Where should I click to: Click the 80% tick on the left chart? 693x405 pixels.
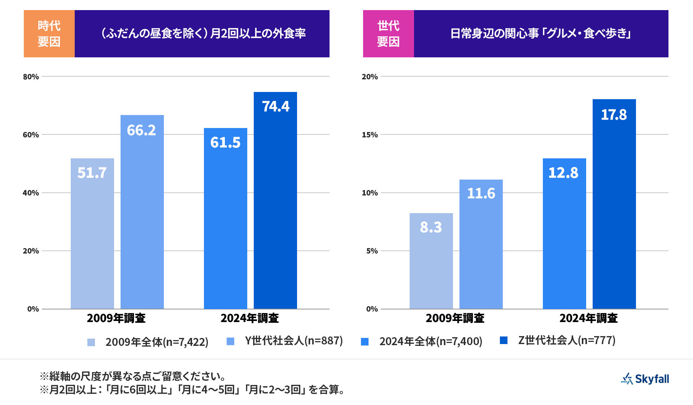[31, 77]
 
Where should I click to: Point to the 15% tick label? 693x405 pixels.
[370, 135]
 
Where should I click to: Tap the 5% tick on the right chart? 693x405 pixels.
[372, 251]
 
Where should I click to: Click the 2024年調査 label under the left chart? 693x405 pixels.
[250, 318]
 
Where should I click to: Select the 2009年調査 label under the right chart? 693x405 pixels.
[455, 318]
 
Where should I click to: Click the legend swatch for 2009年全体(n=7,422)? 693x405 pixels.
[91, 342]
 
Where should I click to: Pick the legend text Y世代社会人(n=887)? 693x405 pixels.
[294, 341]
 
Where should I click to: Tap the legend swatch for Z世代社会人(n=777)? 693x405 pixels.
[504, 340]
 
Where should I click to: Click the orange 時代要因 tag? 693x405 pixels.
[49, 34]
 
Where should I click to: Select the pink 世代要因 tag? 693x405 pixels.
[388, 34]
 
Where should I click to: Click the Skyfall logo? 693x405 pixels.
[645, 379]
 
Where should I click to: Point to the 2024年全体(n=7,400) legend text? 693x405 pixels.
[431, 342]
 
